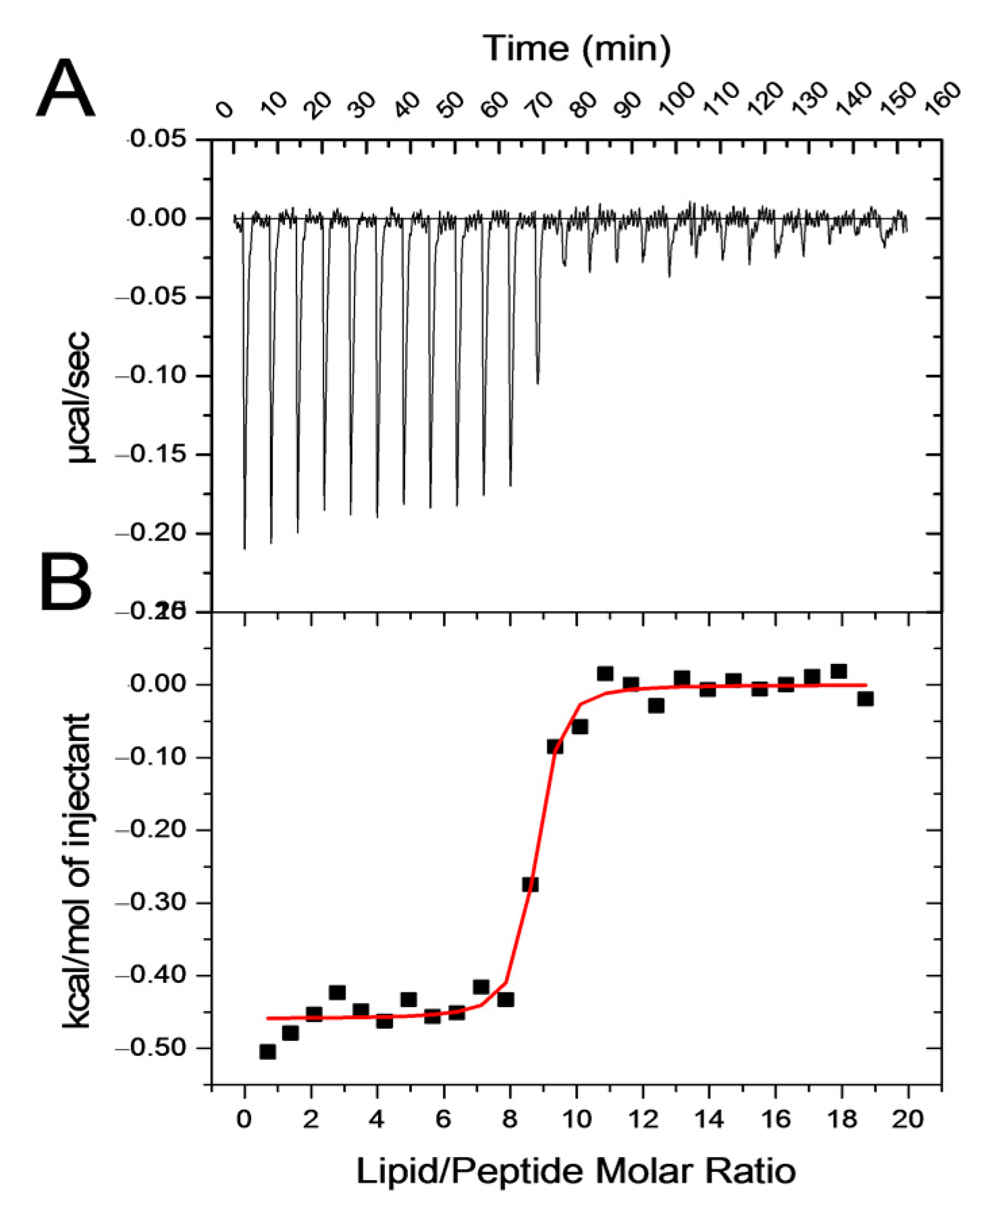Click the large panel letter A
(x=65, y=88)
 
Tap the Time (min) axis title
(x=577, y=49)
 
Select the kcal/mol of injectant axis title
(x=77, y=871)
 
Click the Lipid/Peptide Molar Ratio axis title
(x=575, y=1171)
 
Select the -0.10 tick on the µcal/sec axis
(x=153, y=376)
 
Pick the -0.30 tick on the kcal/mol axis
(x=153, y=902)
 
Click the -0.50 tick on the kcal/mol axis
(x=153, y=1048)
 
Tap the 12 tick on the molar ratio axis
(x=643, y=1119)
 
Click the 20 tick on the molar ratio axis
(x=907, y=1119)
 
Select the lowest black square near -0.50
(x=267, y=1052)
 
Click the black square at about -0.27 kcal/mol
(x=530, y=884)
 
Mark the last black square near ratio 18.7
(x=865, y=698)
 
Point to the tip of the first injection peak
(x=244, y=548)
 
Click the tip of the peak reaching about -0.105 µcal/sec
(x=537, y=383)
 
